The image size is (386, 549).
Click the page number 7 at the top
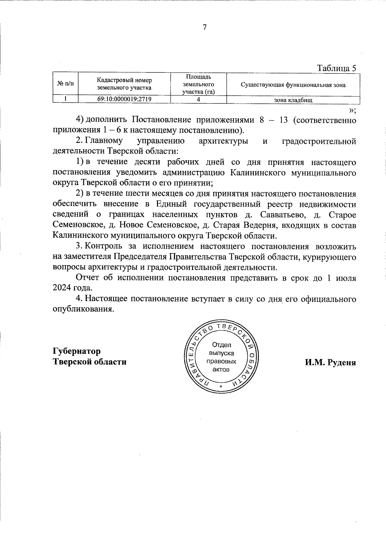(205, 27)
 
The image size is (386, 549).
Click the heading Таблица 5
(337, 68)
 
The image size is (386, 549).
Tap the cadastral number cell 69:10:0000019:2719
(124, 99)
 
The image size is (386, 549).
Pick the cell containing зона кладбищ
(293, 100)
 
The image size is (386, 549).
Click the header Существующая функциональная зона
(293, 85)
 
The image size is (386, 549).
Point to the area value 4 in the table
(198, 100)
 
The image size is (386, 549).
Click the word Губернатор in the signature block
(77, 351)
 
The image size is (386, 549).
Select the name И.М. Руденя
(330, 362)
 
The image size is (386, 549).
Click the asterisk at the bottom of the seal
(221, 386)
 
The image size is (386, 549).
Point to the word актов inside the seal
(221, 369)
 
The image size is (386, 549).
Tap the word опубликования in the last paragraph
(83, 309)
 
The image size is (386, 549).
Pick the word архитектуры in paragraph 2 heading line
(223, 141)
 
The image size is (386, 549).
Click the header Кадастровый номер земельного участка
(124, 84)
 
